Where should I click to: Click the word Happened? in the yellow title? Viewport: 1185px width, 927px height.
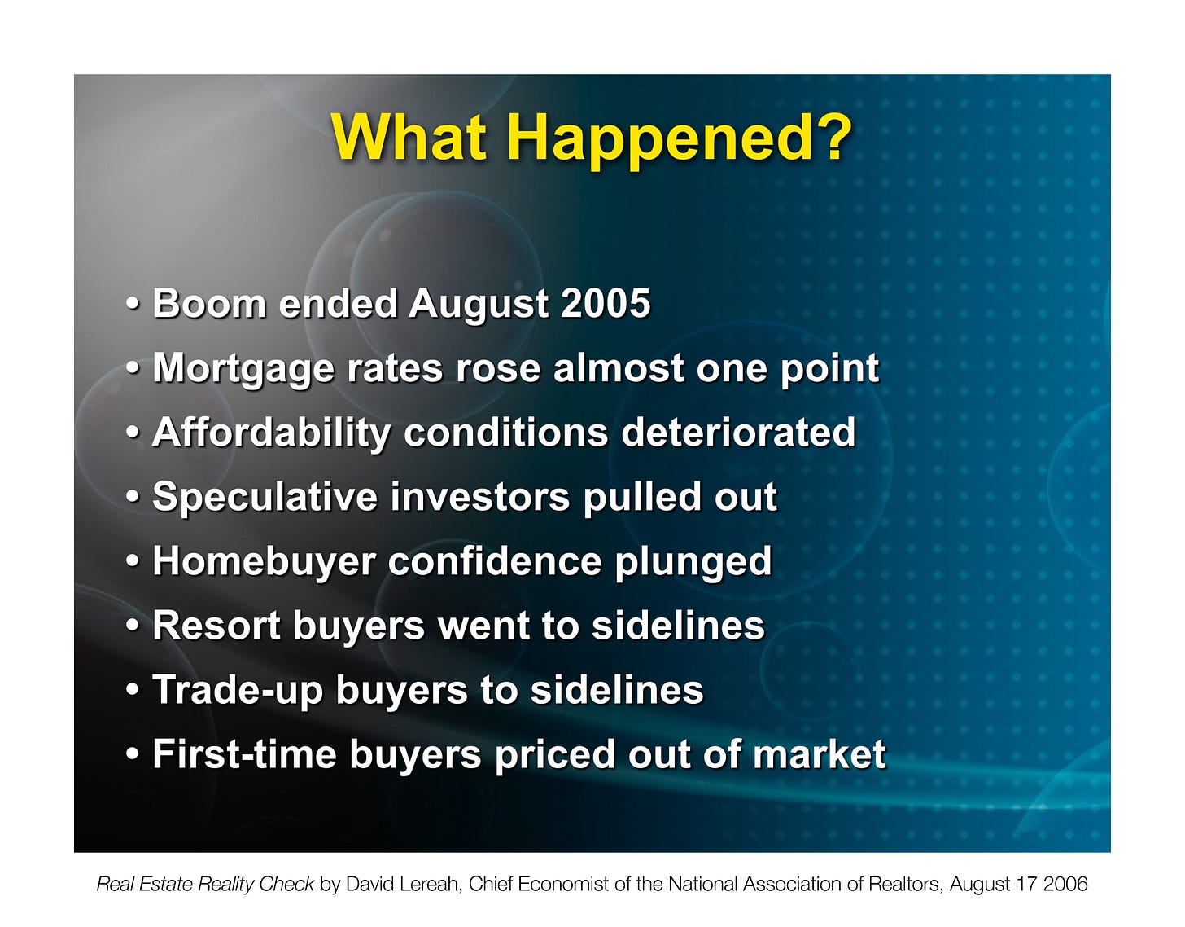pos(680,139)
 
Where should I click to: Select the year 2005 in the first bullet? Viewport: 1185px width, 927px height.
pos(606,303)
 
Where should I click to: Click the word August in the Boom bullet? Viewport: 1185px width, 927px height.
pos(479,305)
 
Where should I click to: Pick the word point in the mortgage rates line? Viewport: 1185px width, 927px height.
pos(830,370)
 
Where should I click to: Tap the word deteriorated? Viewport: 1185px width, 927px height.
pos(738,432)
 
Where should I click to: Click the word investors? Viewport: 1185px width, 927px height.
pos(480,497)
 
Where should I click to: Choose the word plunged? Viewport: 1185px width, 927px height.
pos(693,563)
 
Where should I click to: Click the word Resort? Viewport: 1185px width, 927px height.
pos(216,626)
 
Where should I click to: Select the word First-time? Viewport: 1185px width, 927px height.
pos(244,754)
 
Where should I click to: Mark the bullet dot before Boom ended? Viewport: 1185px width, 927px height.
pos(132,303)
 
